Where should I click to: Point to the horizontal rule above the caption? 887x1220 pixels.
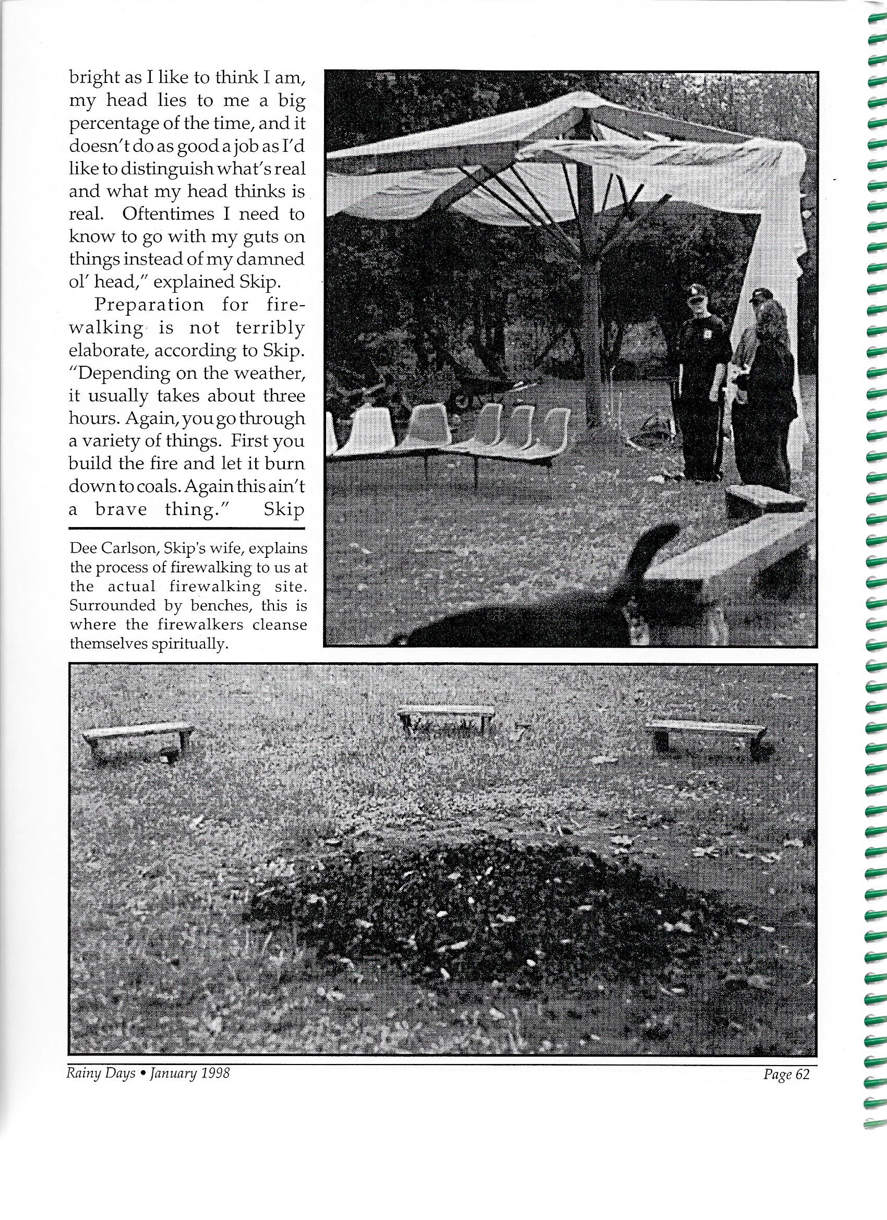click(x=187, y=529)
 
